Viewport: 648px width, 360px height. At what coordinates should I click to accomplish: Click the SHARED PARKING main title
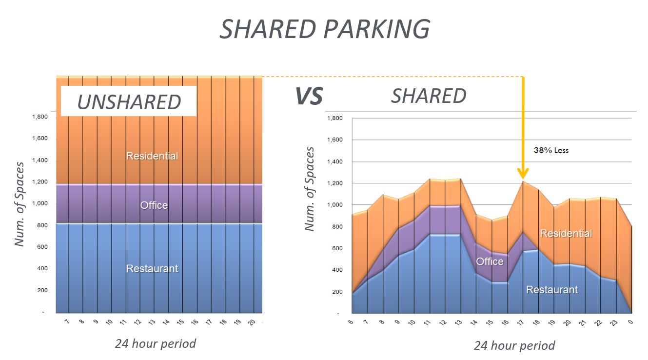pos(324,29)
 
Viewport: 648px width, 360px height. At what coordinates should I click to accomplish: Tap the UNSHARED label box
pos(129,101)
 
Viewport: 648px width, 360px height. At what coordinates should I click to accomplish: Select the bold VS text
pos(309,97)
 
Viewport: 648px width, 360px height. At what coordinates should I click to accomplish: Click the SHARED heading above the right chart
pos(429,96)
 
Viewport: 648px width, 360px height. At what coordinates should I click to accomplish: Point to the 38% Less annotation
pos(551,150)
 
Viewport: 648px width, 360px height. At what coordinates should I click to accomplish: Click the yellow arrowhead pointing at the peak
pos(523,173)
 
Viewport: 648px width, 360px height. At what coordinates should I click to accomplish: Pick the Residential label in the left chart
pos(152,156)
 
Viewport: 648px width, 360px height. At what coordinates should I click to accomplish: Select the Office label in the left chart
pos(154,205)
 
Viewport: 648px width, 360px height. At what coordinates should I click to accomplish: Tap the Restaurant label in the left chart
pos(152,268)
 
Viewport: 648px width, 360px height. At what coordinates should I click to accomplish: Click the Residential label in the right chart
pos(566,233)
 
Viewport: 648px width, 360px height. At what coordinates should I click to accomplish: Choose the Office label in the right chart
pos(490,261)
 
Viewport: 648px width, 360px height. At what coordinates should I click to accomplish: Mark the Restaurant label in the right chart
pos(552,290)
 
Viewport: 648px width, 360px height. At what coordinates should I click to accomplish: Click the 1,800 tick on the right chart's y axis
pos(334,118)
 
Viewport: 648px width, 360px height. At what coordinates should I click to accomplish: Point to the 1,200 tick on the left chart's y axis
pos(40,182)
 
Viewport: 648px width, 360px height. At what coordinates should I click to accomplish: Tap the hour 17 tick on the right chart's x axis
pos(522,323)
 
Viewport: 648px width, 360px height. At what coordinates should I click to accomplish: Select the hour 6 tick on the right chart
pos(351,323)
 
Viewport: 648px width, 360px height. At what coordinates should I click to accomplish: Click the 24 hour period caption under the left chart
pos(155,343)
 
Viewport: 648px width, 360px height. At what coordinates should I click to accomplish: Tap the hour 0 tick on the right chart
pos(631,323)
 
